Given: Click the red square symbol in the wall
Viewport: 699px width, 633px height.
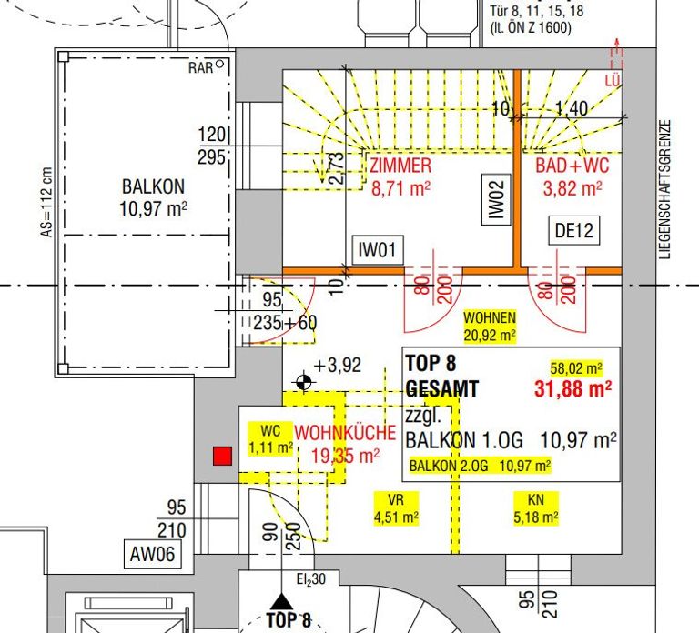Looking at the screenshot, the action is pos(222,457).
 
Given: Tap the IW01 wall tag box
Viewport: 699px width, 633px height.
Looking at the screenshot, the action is pos(378,250).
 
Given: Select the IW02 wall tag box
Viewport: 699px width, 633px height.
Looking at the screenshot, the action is pos(496,198).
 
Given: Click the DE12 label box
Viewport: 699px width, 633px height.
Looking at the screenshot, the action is pos(573,230).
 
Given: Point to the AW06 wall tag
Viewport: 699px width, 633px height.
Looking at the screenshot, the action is pos(153,555).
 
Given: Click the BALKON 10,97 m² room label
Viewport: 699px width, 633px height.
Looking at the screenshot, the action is pos(153,197).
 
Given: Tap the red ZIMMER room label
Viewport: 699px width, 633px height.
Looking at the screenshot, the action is pos(400,176).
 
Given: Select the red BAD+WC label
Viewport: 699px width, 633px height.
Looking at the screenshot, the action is pos(572,176).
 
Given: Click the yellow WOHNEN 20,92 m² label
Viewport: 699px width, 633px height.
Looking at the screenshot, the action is pos(490,327).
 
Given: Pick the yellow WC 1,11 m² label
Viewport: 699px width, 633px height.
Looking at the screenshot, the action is pos(270,438).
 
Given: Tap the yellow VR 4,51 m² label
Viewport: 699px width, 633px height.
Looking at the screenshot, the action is pos(396,508).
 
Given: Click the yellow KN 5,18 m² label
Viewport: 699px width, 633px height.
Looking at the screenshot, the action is pos(536,508).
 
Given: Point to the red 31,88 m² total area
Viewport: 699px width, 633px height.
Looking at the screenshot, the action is pos(572,388).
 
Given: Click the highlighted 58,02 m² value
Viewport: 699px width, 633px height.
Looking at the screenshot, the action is pos(576,368).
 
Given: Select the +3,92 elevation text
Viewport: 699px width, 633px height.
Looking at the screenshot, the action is pos(338,365).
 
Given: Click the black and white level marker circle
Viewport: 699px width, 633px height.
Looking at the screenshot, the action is pos(304,382).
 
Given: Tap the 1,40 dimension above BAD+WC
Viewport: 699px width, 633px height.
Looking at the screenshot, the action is pos(572,108).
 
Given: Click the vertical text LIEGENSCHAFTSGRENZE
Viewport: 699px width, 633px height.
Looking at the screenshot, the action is pos(664,189).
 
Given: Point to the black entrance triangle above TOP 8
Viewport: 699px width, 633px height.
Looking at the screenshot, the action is pos(282,601).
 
